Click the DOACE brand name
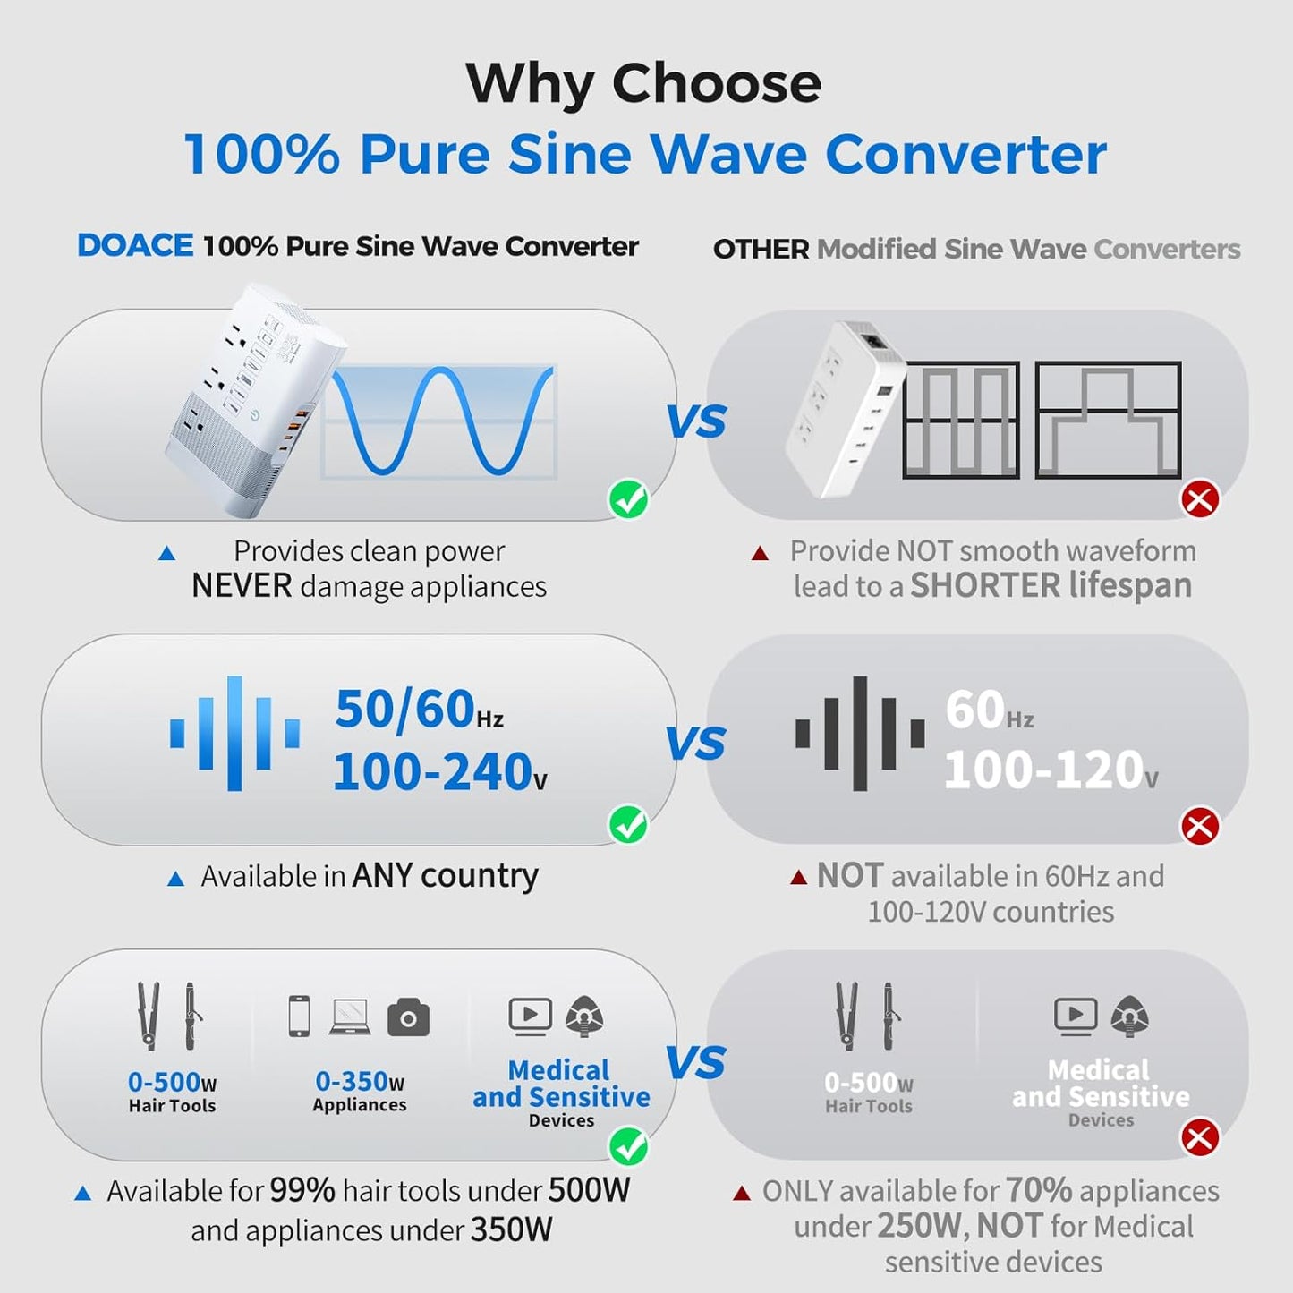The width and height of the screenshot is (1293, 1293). (x=135, y=246)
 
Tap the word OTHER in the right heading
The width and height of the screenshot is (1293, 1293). (x=761, y=250)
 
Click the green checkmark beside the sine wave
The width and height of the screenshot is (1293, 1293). (x=629, y=499)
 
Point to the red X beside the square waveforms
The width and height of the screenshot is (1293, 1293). (x=1200, y=499)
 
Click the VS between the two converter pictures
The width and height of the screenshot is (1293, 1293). (x=696, y=421)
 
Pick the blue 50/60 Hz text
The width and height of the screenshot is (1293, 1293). (x=418, y=709)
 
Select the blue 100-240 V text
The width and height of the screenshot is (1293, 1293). (x=438, y=771)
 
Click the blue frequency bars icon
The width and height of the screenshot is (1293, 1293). (x=234, y=733)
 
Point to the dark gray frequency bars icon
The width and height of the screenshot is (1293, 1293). (x=860, y=733)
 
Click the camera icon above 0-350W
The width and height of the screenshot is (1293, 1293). (x=408, y=1018)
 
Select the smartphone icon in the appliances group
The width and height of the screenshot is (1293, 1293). (x=299, y=1017)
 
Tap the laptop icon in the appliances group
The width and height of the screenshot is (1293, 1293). (x=350, y=1017)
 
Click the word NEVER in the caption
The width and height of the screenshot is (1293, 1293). (x=242, y=586)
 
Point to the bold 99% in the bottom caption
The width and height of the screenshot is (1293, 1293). (x=302, y=1191)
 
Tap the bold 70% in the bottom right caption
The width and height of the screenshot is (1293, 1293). (x=1038, y=1191)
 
